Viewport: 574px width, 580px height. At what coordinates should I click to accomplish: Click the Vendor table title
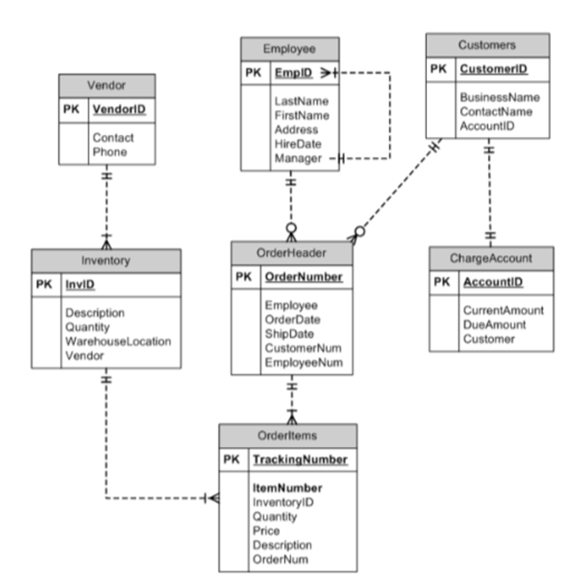coord(106,85)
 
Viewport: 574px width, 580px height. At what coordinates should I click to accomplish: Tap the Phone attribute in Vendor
coord(109,152)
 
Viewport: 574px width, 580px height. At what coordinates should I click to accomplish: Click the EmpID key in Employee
coord(292,73)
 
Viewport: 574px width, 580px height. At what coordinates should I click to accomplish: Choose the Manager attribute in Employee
coord(297,158)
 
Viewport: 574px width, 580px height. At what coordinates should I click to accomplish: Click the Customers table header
coord(487,45)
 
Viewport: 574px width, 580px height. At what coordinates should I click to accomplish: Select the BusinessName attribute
coord(499,97)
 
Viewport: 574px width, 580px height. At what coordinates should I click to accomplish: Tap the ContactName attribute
coord(496,111)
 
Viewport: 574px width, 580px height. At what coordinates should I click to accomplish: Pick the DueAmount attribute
coord(494,325)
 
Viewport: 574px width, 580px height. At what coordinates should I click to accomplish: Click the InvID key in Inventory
coord(81,285)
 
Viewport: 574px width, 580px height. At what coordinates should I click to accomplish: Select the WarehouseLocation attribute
coord(118,341)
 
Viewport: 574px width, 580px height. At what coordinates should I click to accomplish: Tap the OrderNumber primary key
coord(303,277)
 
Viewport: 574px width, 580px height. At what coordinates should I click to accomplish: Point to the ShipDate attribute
coord(289,334)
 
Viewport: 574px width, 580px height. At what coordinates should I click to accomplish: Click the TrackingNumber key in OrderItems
coord(300,459)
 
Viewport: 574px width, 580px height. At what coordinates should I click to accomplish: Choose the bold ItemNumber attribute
coord(287,489)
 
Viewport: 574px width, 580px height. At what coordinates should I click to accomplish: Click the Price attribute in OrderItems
coord(266,531)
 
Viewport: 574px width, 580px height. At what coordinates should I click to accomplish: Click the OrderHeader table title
coord(292,252)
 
